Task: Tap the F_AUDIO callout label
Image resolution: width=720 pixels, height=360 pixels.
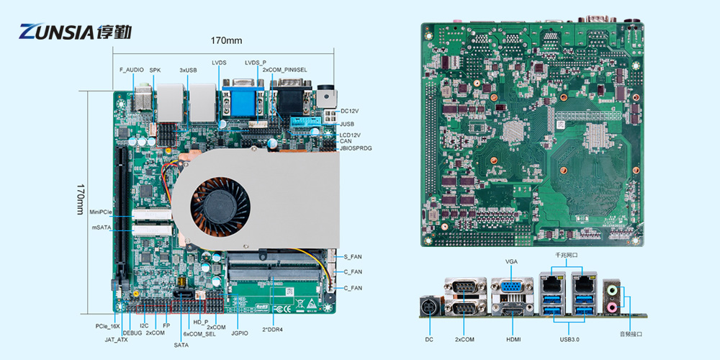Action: (x=131, y=70)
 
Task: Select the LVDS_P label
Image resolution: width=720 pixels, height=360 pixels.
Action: (x=256, y=63)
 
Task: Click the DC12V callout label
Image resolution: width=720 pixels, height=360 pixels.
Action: (x=350, y=111)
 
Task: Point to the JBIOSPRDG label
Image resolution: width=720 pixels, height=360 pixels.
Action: (x=356, y=148)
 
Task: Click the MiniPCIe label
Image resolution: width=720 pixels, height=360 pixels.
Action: (x=102, y=212)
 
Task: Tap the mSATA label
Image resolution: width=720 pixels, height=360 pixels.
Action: (x=102, y=228)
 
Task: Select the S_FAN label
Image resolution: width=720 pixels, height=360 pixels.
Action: (x=353, y=257)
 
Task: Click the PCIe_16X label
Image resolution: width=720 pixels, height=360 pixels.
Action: (x=108, y=326)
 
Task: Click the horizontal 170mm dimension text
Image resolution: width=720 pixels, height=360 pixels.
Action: (x=226, y=40)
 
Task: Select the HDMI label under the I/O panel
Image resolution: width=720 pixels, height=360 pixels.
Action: (x=513, y=338)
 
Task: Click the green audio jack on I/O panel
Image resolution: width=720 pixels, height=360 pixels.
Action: (x=613, y=290)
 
